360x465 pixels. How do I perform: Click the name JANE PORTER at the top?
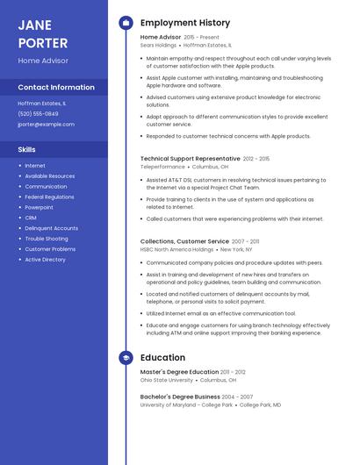pos(43,33)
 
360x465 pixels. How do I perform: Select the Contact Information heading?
pos(56,87)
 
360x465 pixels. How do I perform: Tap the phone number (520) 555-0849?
pos(38,114)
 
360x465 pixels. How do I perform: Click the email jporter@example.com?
pos(46,125)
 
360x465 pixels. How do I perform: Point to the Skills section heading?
pos(26,149)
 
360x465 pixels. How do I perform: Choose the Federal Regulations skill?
pos(49,197)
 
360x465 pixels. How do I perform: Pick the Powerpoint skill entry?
pos(39,207)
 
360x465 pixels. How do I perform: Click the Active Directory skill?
pos(45,260)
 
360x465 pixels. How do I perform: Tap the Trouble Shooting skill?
pos(46,239)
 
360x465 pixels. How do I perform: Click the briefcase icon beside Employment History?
pos(126,23)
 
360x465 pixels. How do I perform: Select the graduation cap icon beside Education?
pos(126,358)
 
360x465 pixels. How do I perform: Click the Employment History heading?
pos(185,23)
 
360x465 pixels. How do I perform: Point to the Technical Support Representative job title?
pos(190,159)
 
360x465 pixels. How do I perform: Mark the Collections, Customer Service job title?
pos(184,241)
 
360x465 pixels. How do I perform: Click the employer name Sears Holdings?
pos(160,45)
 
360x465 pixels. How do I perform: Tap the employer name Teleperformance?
pos(162,167)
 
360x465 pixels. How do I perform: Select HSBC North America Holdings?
pos(176,249)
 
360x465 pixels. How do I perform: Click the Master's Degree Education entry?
pos(179,372)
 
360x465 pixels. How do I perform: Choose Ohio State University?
pos(167,380)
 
